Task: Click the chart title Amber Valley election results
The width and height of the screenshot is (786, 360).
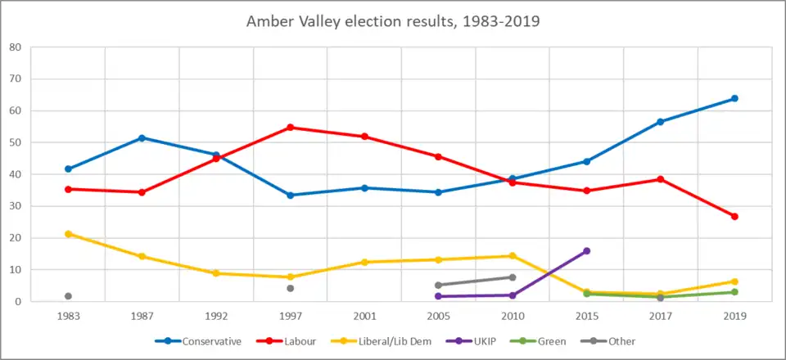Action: coord(393,21)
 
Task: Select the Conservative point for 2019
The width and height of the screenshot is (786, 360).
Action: coord(734,98)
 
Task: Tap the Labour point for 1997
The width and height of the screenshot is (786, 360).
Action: coord(291,128)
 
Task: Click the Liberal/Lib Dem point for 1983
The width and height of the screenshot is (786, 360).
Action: coord(68,234)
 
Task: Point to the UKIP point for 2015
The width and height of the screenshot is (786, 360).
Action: coord(586,251)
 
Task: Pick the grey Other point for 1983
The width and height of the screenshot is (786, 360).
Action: coord(68,296)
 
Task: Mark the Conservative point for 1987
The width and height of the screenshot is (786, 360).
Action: coord(142,138)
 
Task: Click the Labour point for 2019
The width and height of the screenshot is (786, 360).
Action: coord(734,217)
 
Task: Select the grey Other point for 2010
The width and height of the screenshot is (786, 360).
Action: coord(513,277)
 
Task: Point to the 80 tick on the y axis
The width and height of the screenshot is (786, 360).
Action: coord(16,47)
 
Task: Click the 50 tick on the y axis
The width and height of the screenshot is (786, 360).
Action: coord(16,142)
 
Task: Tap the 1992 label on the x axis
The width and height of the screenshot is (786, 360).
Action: coord(216,314)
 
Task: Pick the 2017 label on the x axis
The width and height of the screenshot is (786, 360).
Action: coord(660,314)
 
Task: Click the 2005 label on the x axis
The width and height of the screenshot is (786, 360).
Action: coord(438,314)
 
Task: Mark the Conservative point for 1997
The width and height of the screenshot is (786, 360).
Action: coord(291,196)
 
